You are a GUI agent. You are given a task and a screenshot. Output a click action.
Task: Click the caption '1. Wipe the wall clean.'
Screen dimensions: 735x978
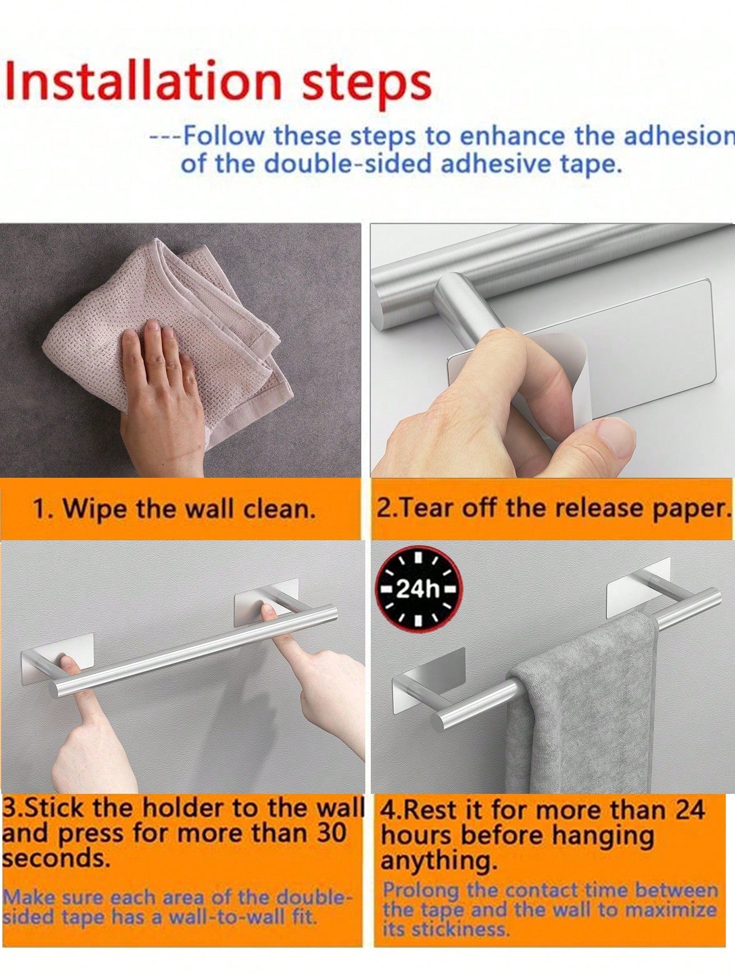[174, 509]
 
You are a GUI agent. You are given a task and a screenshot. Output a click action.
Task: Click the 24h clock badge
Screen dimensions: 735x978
[418, 590]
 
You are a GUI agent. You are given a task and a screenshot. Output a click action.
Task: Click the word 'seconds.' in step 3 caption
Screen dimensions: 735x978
[56, 858]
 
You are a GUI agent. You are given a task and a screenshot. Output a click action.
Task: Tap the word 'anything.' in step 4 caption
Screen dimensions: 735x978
[439, 861]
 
